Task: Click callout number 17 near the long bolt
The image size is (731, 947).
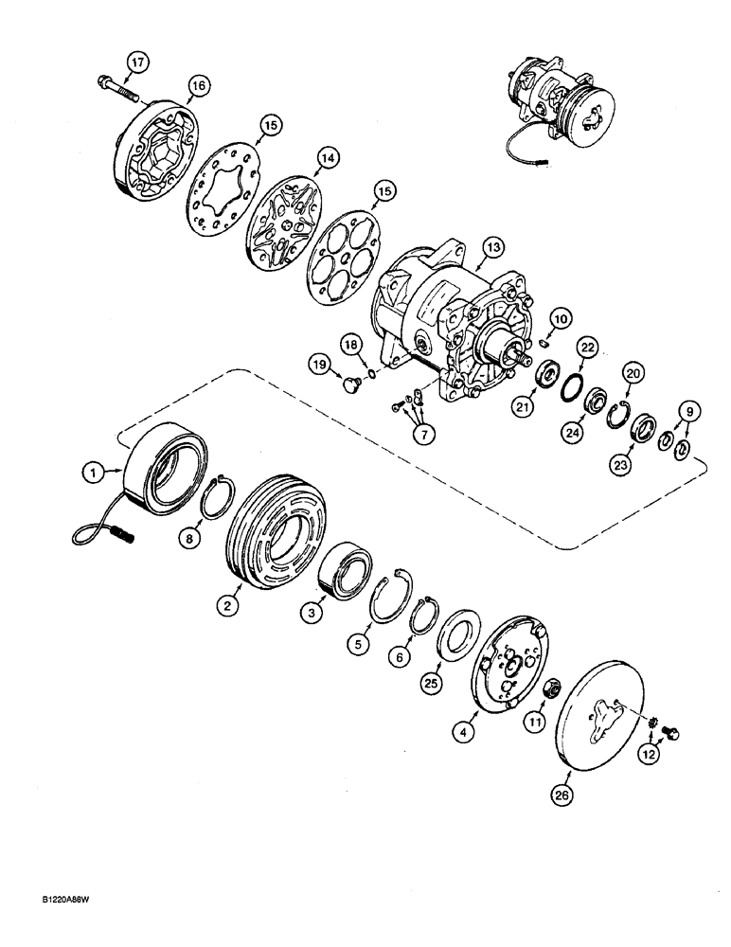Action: (138, 63)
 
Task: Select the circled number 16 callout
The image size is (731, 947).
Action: (197, 86)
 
